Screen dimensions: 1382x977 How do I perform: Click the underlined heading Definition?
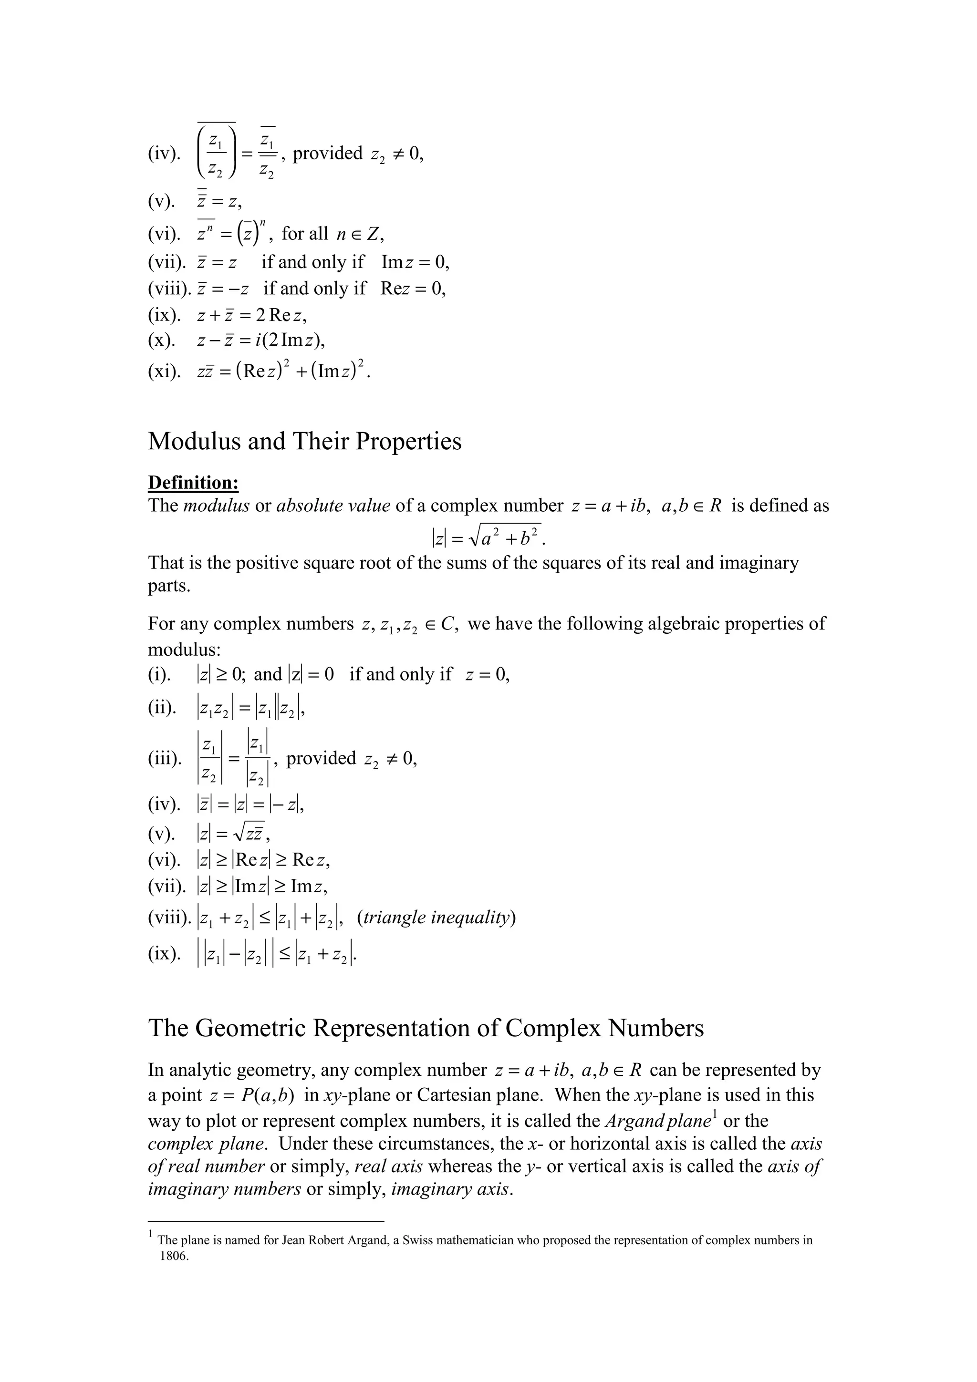193,483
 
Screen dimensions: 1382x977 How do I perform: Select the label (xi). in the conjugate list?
164,371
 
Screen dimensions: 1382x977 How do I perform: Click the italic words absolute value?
333,505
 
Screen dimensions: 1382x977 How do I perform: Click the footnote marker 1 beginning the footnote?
150,1235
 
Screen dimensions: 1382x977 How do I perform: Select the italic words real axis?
388,1166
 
